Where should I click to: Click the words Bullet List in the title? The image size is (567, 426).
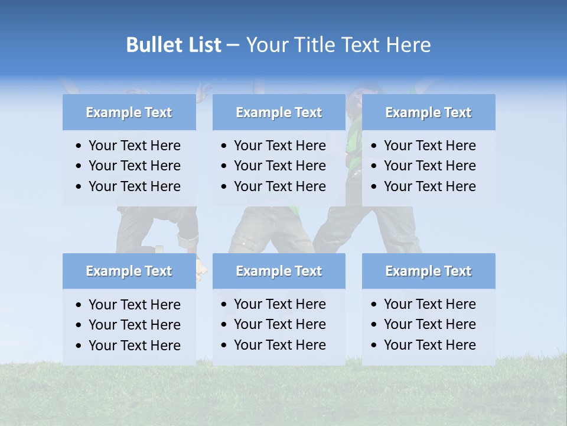click(x=174, y=45)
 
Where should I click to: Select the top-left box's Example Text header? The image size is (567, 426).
click(x=129, y=112)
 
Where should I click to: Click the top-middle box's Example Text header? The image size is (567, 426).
click(x=279, y=112)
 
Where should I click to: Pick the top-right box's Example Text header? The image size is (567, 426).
click(x=428, y=112)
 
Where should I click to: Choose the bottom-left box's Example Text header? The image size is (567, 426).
click(x=129, y=271)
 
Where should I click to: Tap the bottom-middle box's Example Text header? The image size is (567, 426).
click(x=279, y=271)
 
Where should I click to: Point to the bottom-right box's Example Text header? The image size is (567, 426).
click(x=428, y=271)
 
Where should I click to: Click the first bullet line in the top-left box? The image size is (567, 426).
click(x=134, y=146)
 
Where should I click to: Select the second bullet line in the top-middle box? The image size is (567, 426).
click(x=279, y=166)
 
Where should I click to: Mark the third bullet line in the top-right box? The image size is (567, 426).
click(x=429, y=186)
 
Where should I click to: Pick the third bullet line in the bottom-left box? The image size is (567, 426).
click(x=134, y=346)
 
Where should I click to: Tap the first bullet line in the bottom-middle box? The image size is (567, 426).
click(x=279, y=304)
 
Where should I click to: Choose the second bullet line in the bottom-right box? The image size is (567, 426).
click(x=429, y=324)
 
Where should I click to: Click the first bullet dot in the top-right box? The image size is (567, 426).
click(x=374, y=146)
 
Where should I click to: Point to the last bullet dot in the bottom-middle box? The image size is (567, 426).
click(x=224, y=345)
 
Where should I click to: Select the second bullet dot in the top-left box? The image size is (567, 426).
click(x=79, y=166)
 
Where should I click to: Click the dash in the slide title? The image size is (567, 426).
click(x=233, y=46)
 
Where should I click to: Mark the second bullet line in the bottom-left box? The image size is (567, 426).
click(x=134, y=325)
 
